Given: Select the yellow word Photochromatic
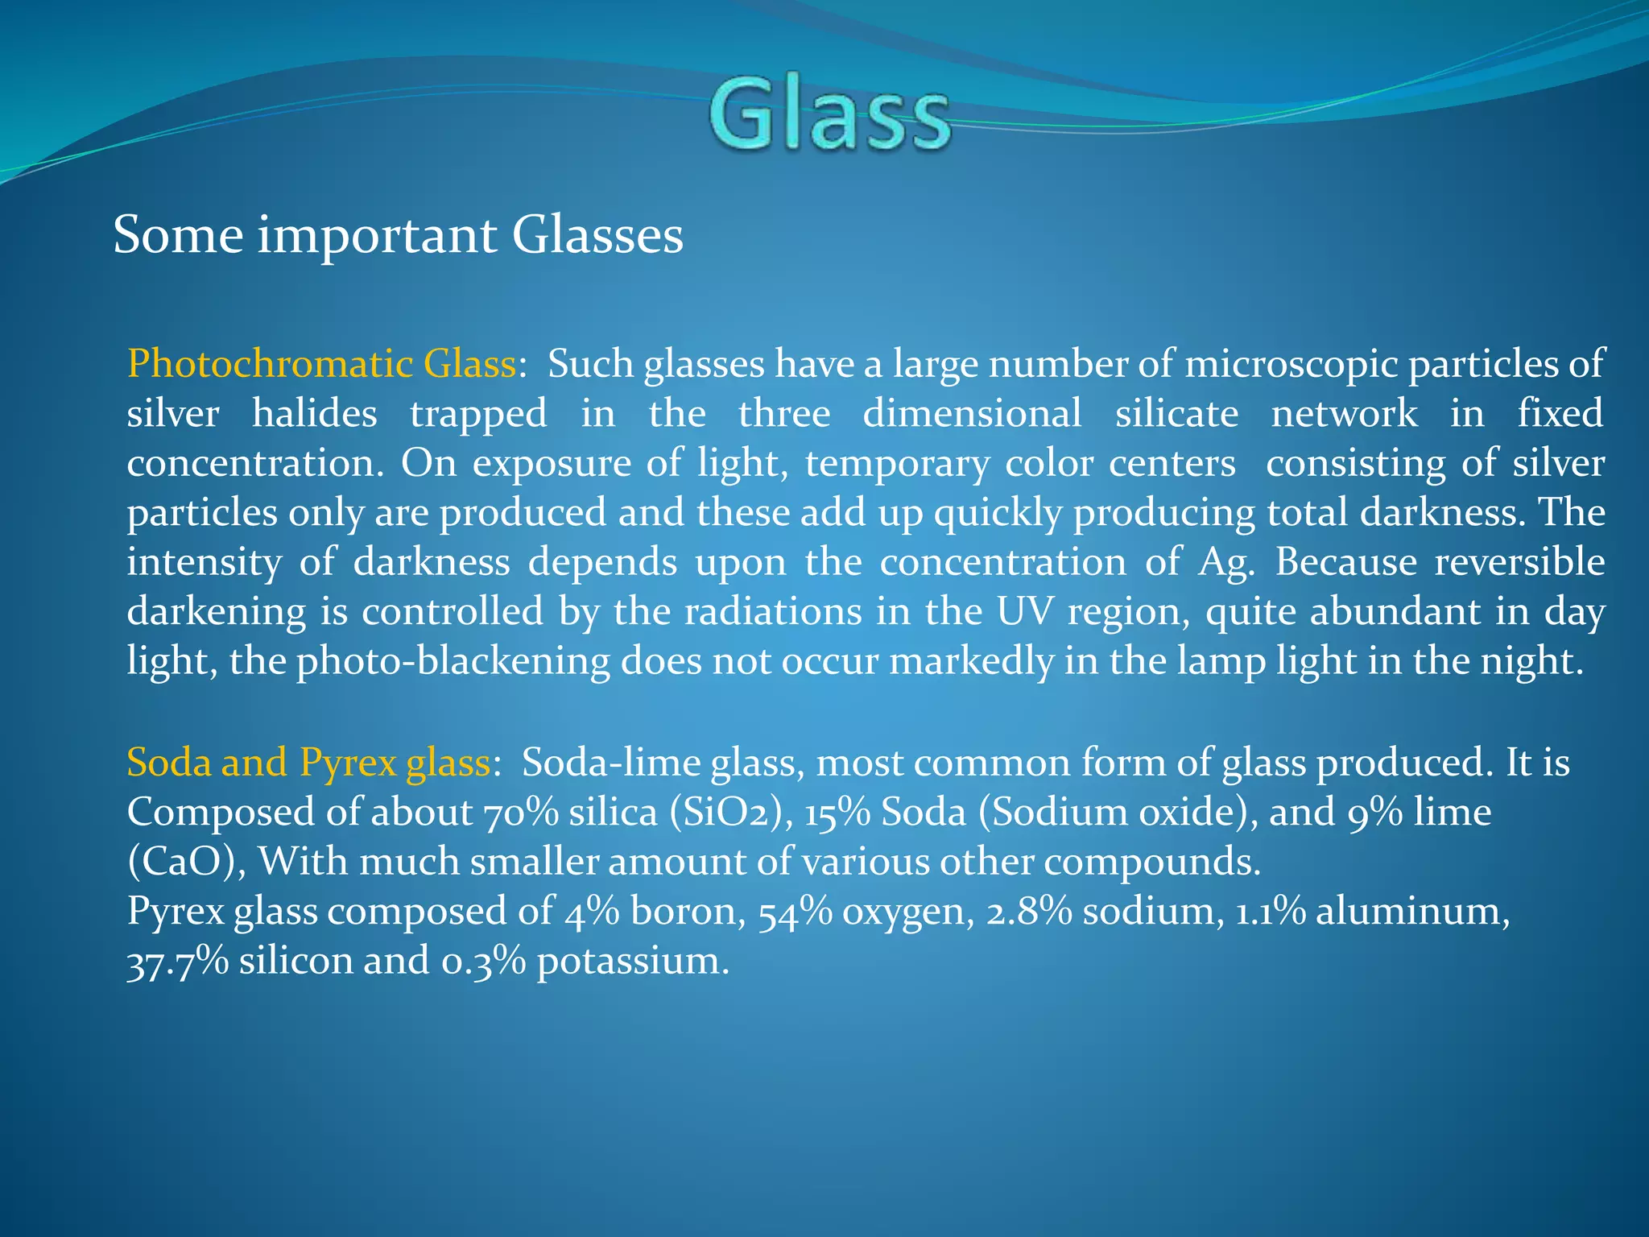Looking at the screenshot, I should (270, 364).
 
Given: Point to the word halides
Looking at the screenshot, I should (314, 414).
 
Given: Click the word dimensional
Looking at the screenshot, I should (972, 414).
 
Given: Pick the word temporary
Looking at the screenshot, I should (897, 464).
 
